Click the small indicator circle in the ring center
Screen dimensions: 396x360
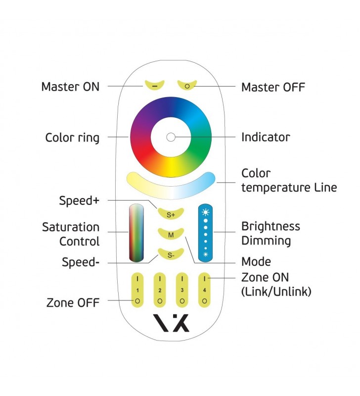tap(170, 137)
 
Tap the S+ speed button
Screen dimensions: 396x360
tap(170, 213)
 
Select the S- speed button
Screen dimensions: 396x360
tap(170, 254)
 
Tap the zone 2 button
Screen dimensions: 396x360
tap(159, 289)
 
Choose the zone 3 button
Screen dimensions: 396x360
tap(182, 289)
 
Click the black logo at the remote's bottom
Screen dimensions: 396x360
tap(170, 323)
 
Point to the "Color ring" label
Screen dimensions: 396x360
tap(72, 137)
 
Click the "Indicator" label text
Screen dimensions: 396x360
tap(266, 137)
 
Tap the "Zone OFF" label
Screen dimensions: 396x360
tap(73, 302)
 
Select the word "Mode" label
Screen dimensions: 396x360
tap(256, 261)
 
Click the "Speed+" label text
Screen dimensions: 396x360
tap(79, 200)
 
